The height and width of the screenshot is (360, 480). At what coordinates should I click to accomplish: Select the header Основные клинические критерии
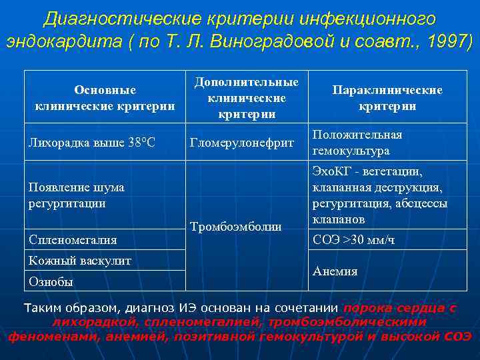[105, 97]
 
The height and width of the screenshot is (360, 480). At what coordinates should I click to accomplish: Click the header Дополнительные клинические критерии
[246, 97]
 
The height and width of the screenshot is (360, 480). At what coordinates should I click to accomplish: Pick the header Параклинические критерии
[387, 97]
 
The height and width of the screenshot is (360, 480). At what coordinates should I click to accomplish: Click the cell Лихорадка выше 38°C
[92, 142]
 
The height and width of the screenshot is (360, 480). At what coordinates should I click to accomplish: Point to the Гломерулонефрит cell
[242, 142]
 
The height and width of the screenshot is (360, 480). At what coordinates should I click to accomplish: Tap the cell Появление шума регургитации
[76, 195]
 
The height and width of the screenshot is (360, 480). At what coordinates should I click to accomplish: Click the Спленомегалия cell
[73, 239]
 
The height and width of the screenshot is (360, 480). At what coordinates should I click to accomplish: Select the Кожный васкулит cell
[79, 261]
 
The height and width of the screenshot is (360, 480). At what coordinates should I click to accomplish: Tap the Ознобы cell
[51, 281]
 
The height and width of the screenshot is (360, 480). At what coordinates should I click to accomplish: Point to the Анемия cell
[335, 271]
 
